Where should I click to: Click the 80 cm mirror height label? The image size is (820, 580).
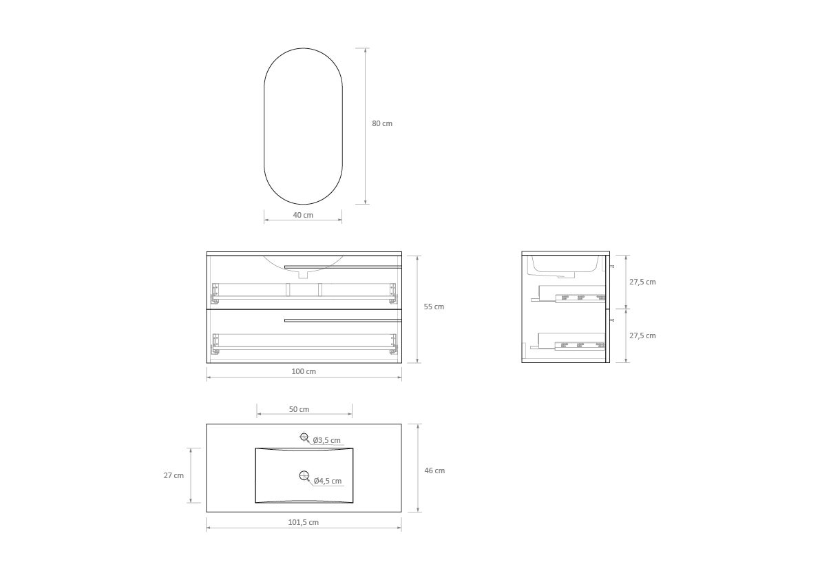(x=381, y=123)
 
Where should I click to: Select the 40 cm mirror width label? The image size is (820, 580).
(x=303, y=215)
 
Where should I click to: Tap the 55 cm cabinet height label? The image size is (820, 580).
(x=434, y=307)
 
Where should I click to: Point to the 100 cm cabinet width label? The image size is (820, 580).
(x=304, y=371)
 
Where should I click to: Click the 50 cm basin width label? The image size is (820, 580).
(x=299, y=409)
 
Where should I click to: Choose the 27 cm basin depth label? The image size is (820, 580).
(x=174, y=475)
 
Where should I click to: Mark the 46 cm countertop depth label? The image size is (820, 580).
(x=434, y=470)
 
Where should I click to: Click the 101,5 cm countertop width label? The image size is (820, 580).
(x=304, y=522)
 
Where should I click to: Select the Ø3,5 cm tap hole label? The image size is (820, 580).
(x=327, y=440)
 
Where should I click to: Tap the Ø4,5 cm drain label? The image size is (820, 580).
(x=327, y=481)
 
